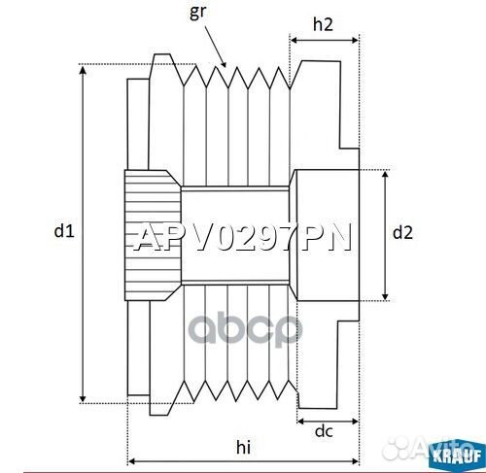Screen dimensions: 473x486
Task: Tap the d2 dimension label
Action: [x=402, y=232]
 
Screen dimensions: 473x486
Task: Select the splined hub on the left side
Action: [x=152, y=232]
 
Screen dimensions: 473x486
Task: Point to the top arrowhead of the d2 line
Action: [x=388, y=174]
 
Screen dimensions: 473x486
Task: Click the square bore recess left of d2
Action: [x=325, y=233]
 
